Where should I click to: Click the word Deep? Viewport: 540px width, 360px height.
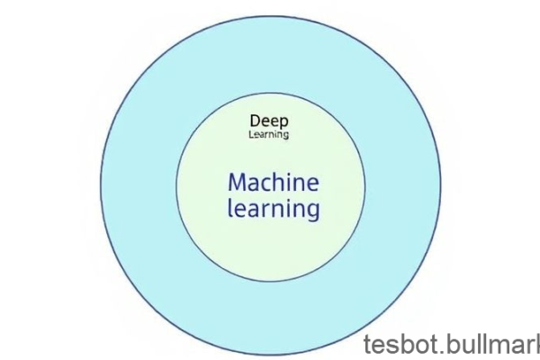269,121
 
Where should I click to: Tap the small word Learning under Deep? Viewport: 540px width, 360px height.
269,135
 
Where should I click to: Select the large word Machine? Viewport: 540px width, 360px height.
273,183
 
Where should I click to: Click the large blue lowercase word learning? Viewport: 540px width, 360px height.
273,210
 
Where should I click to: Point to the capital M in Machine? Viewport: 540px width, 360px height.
238,183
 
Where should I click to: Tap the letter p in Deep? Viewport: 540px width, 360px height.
283,122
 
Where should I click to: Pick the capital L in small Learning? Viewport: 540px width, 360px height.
251,135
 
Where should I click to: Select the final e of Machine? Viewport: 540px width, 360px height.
311,184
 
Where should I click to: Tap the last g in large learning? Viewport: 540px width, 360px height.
311,213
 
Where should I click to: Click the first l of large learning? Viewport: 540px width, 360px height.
229,209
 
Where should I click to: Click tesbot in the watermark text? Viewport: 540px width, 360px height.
397,345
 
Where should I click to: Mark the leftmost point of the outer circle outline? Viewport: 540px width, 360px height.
100,186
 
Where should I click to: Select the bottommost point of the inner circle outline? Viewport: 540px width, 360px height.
271,281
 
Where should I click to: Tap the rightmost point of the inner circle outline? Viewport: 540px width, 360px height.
366,186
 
